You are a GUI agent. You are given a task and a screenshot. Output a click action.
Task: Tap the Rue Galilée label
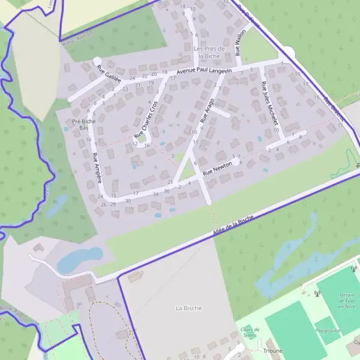coord(109,75)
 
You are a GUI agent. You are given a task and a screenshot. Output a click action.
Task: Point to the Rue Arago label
coord(207,110)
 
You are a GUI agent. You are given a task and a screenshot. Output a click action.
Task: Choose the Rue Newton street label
coord(217,167)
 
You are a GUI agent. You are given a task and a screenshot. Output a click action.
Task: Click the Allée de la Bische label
coord(233,227)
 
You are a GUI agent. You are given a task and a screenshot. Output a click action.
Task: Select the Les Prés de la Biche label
coord(209,52)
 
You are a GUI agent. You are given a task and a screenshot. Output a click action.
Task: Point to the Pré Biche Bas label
coord(84,124)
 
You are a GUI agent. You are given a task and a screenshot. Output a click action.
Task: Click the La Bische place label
coord(188,308)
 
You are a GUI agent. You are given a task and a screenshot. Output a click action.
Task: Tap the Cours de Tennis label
coord(250,332)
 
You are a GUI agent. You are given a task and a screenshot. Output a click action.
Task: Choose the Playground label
coord(328,331)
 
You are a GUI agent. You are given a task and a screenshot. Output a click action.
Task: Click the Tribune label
coord(272,350)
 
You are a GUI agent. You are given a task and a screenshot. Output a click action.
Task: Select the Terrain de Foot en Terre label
coord(347,300)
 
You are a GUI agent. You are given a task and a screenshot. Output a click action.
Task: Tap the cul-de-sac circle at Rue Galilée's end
coord(97,61)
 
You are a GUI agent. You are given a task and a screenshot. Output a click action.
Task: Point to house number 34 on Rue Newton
coord(156,193)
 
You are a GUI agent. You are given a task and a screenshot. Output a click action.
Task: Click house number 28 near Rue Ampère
coord(113,204)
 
